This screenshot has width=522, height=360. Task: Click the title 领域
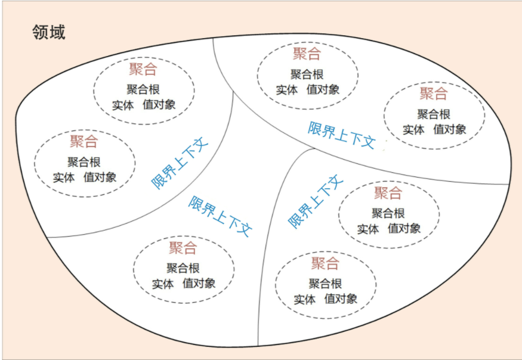coord(48,32)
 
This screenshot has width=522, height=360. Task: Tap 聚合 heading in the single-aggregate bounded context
coord(183,247)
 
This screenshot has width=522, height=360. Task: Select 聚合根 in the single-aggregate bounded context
coord(183,268)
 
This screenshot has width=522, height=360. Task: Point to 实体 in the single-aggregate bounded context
coord(163,284)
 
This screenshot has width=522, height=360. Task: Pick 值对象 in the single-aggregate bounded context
coord(199,283)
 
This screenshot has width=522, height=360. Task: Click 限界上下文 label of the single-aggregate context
coord(220,216)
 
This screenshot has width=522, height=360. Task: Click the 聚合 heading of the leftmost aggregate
coord(84,141)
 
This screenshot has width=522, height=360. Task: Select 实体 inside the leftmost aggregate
coord(64,177)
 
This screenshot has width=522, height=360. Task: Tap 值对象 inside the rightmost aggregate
coord(450,129)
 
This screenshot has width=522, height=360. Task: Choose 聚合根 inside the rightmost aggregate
coord(434,114)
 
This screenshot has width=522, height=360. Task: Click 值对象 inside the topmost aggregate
coord(323,89)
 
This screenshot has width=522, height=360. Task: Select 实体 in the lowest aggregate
coord(305,299)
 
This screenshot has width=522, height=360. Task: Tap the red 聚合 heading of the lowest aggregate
coord(325,263)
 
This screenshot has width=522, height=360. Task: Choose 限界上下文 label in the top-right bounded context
coord(341,135)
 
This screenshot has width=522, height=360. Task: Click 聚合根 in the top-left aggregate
coord(143,89)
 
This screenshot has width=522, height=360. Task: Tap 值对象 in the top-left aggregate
coord(159,105)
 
